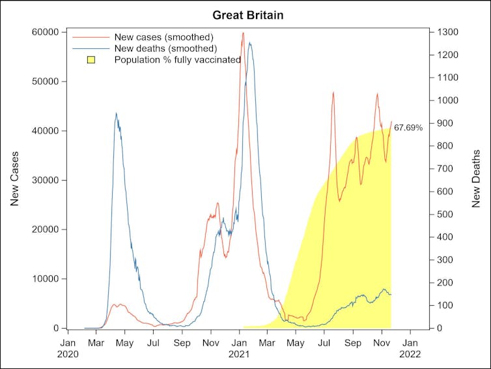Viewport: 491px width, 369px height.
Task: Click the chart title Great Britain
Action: point(245,14)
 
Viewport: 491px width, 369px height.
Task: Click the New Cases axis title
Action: point(15,179)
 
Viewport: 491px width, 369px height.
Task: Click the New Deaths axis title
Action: point(477,179)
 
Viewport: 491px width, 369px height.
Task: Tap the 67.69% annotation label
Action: point(408,128)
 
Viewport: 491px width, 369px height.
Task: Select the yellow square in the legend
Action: point(91,60)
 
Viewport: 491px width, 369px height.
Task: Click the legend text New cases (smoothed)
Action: point(163,37)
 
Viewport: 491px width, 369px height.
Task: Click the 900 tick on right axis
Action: point(443,123)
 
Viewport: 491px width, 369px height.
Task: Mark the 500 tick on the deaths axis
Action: point(443,214)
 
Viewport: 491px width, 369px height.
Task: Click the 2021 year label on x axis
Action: point(239,355)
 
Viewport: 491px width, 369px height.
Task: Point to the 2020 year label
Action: point(68,355)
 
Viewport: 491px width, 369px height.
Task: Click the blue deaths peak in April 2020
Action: point(116,113)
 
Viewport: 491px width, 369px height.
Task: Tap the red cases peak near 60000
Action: point(243,33)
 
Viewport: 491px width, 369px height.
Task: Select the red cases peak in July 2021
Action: point(333,93)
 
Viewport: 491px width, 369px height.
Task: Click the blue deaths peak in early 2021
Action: point(249,44)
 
